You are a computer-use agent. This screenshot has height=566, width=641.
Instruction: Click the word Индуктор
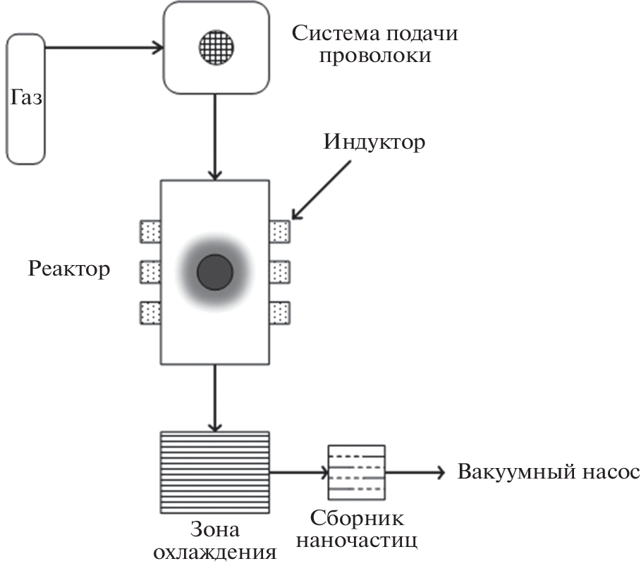click(x=375, y=142)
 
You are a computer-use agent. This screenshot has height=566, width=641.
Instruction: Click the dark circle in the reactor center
click(x=215, y=272)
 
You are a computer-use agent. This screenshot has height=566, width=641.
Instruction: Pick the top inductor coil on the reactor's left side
click(x=150, y=230)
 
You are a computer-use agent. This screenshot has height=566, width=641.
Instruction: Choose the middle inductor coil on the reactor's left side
click(x=150, y=271)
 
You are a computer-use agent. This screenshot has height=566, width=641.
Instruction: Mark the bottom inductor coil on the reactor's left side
click(x=150, y=311)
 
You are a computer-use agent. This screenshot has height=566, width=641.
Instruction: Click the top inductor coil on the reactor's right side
click(x=280, y=230)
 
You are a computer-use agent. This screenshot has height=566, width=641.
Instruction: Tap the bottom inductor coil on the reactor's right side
click(x=280, y=311)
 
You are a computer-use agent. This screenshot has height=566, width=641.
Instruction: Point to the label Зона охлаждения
click(x=216, y=540)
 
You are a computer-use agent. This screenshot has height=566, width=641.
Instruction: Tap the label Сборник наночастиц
click(x=358, y=530)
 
